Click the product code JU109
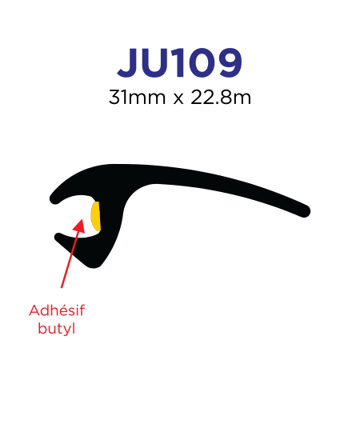pos(179,63)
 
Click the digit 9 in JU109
pos(230,63)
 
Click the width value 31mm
pos(137,98)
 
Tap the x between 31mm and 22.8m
pos(178,99)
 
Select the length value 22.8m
pos(221,98)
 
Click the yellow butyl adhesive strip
pos(96,216)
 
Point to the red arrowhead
pos(79,226)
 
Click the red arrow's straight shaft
pos(70,258)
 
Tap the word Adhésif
pos(57,310)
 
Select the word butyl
pos(56,329)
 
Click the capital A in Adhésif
pos(34,310)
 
